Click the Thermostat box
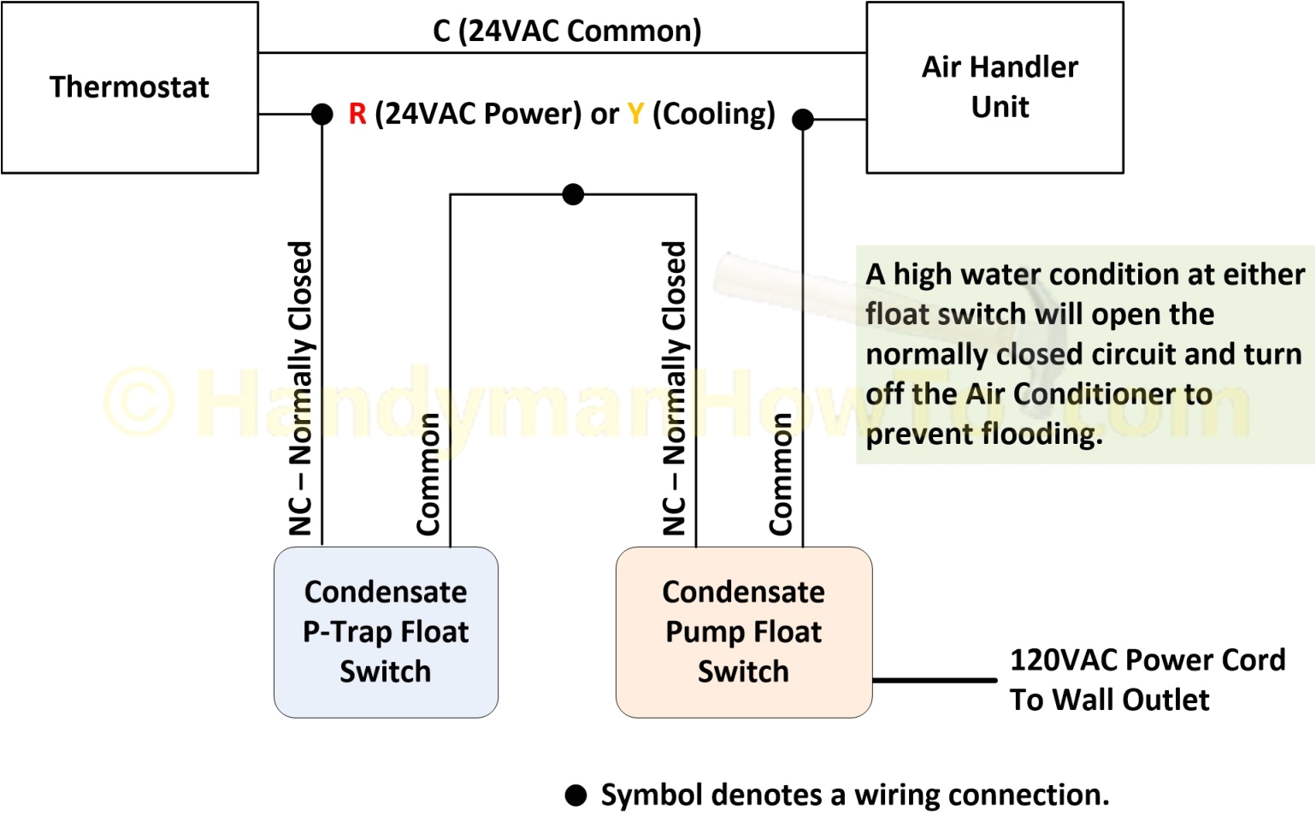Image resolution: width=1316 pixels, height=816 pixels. pos(129,87)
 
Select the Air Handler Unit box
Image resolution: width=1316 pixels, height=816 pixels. pos(994,87)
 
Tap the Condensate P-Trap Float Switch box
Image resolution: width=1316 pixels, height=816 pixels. pos(386,632)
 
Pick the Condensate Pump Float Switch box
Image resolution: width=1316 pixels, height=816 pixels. pos(743,632)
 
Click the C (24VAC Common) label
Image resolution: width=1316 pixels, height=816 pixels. pos(567,31)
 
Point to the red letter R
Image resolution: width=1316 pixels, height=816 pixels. pos(357,114)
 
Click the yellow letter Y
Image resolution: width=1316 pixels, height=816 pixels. pos(635,114)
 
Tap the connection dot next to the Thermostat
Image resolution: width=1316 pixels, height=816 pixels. pos(322,114)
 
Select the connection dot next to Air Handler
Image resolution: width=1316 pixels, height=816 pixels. pos(802,120)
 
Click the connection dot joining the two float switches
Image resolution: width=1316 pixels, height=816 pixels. pos(573,195)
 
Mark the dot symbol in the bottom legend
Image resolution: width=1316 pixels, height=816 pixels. pos(576,796)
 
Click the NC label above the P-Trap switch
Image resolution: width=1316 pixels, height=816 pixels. pos(300,388)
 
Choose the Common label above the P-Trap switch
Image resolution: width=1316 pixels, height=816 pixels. pos(428,474)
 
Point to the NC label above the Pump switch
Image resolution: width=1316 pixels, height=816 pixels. pos(675,388)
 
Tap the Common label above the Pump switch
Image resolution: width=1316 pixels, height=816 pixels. pos(780,474)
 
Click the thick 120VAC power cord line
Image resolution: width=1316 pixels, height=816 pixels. pos(935,681)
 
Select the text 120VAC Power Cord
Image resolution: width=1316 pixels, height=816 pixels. pos(1148,660)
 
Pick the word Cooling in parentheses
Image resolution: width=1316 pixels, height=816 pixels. pos(714,114)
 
